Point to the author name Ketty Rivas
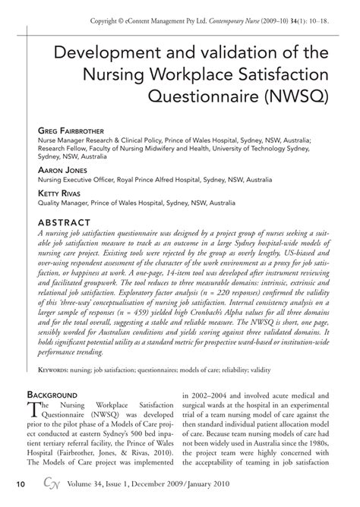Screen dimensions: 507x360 point(64,193)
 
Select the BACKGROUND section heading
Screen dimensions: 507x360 point(62,396)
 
